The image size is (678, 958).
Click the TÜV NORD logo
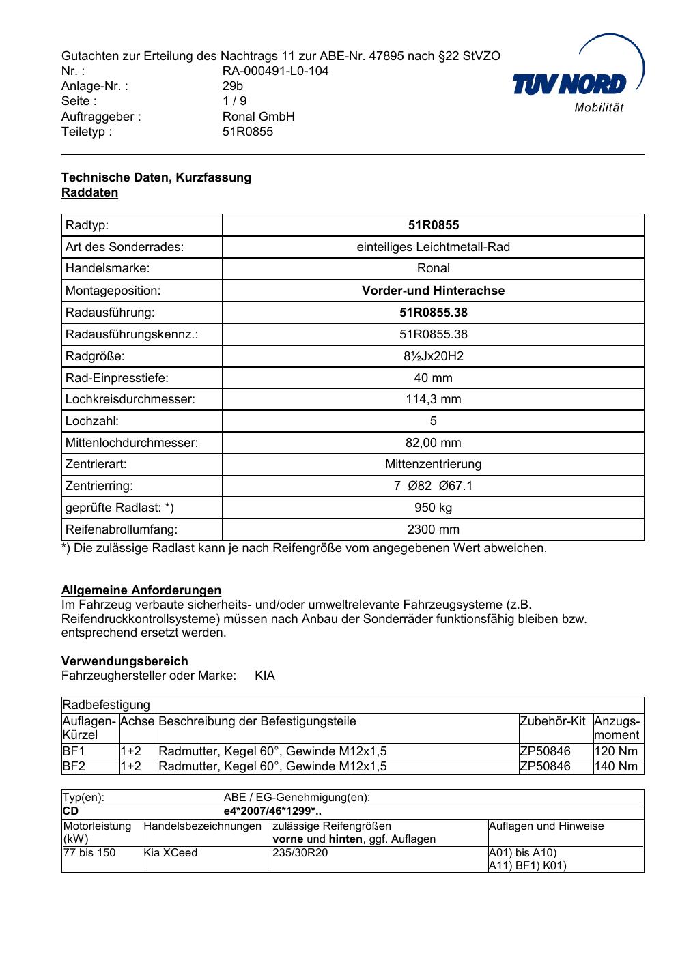pyautogui.click(x=578, y=83)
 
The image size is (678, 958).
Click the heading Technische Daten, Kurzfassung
pyautogui.click(x=156, y=177)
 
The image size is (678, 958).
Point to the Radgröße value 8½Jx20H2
pyautogui.click(x=433, y=356)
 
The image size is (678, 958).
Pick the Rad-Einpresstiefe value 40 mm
pyautogui.click(x=433, y=378)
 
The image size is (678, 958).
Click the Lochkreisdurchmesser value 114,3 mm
pyautogui.click(x=433, y=400)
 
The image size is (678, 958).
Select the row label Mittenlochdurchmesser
pyautogui.click(x=132, y=443)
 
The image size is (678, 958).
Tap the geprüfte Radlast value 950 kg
pyautogui.click(x=433, y=508)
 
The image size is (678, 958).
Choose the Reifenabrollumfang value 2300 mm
pyautogui.click(x=433, y=529)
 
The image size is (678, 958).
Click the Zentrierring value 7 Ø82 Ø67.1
pyautogui.click(x=433, y=486)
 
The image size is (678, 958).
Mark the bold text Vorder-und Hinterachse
pyautogui.click(x=433, y=291)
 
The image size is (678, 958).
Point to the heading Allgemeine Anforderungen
pyautogui.click(x=141, y=590)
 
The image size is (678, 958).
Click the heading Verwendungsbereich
pyautogui.click(x=125, y=661)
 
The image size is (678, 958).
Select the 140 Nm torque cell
pyautogui.click(x=616, y=766)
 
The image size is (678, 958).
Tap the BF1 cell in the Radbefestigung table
pyautogui.click(x=74, y=751)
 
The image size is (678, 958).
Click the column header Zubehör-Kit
pyautogui.click(x=552, y=721)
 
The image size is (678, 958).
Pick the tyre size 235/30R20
pyautogui.click(x=300, y=853)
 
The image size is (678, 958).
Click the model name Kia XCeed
pyautogui.click(x=170, y=853)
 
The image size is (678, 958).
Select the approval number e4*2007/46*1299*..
pyautogui.click(x=272, y=811)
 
